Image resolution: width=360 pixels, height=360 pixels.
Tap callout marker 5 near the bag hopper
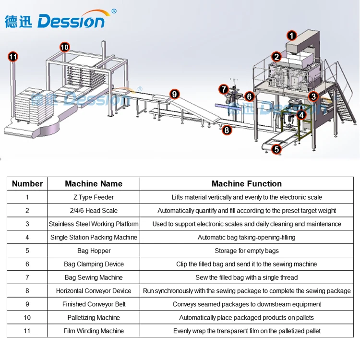[x=276, y=149]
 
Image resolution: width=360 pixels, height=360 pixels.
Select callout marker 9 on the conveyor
[x=174, y=94]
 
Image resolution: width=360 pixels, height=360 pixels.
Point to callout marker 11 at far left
[x=13, y=57]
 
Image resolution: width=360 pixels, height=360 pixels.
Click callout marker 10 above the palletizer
[x=64, y=47]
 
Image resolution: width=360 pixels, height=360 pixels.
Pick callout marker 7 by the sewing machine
[x=223, y=89]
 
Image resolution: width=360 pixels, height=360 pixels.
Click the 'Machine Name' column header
[x=94, y=184]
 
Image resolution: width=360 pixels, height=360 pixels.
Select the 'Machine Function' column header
[x=247, y=184]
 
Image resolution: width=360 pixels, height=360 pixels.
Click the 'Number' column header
[x=27, y=184]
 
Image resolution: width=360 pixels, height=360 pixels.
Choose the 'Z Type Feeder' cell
[x=94, y=197]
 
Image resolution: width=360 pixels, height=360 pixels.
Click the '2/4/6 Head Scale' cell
[x=94, y=211]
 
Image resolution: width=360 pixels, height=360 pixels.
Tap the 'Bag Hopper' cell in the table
[x=94, y=251]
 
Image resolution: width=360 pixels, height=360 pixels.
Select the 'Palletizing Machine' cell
[x=94, y=318]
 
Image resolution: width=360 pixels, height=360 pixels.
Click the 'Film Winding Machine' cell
[x=94, y=331]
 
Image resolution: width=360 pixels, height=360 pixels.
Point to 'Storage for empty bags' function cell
[x=247, y=251]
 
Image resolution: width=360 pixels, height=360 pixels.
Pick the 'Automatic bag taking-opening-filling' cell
[x=247, y=238]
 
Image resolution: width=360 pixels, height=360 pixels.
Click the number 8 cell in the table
[x=27, y=291]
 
